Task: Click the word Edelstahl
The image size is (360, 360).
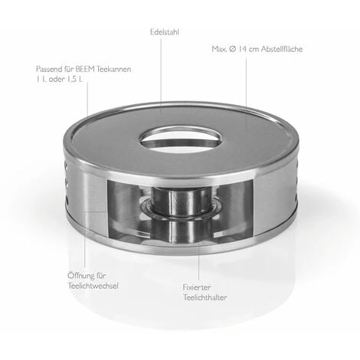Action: point(165,32)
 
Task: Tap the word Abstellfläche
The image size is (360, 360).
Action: point(282,49)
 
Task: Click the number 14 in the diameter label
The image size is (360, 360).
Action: point(243,49)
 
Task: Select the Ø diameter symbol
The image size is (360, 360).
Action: point(233,49)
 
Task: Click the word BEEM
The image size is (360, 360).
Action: point(84,69)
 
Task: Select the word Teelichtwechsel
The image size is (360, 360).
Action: point(93,286)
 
